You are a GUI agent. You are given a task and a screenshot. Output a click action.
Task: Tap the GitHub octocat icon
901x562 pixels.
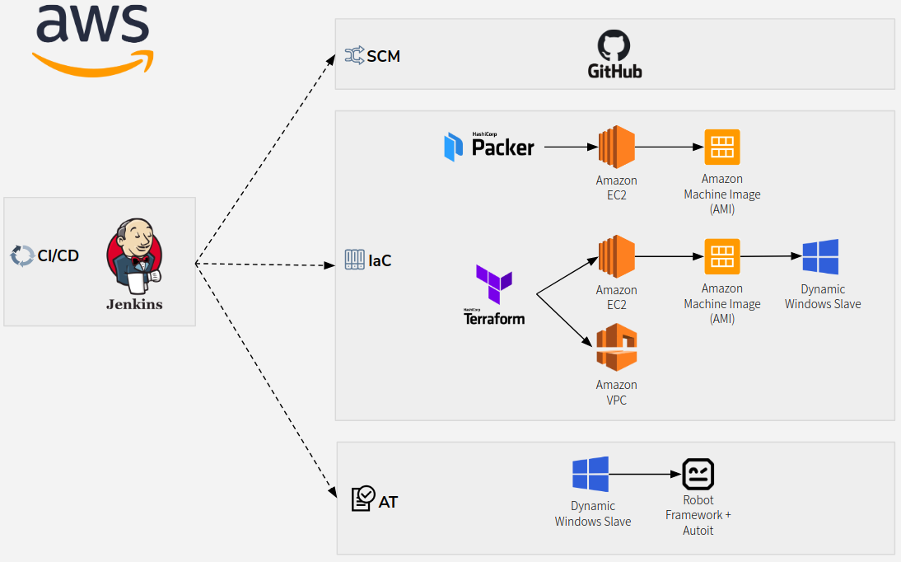coord(614,45)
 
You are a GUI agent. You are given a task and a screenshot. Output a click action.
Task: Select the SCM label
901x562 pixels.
coord(383,56)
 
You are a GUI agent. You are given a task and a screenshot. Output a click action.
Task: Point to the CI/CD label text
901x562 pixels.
coord(58,255)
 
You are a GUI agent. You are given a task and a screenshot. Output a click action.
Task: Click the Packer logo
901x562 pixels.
coord(489,147)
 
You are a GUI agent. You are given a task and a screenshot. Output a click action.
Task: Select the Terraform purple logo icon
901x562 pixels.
coord(494,285)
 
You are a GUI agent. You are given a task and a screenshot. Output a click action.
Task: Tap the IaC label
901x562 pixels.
coord(380,260)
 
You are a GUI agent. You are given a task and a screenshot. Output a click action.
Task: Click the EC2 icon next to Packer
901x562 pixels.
coord(617,148)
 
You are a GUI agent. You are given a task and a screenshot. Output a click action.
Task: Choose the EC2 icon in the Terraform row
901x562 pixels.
coord(617,257)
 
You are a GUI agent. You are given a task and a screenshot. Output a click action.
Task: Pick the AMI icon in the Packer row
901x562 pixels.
coord(722,148)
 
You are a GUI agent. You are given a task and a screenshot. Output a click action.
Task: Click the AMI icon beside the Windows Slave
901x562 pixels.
coord(722,257)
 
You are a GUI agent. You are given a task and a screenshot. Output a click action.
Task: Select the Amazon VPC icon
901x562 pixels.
coord(617,347)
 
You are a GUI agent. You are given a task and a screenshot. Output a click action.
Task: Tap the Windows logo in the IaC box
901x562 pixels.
coord(821,257)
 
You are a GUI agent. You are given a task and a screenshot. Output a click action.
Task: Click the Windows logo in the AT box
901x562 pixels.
coord(591,475)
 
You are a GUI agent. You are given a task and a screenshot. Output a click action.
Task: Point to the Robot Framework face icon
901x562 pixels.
coord(698,475)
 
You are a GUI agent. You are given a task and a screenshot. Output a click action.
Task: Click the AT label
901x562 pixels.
coord(388,502)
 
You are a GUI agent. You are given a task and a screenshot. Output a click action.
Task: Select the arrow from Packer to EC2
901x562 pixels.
coord(570,148)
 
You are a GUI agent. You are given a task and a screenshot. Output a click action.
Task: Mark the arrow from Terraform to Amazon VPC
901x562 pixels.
coord(565,318)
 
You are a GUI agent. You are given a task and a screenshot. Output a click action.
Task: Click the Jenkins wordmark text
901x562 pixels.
coord(134,304)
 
